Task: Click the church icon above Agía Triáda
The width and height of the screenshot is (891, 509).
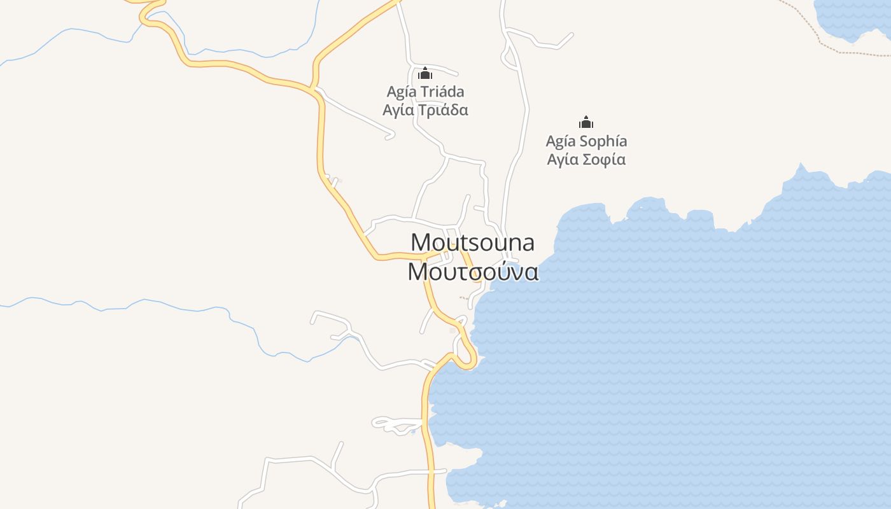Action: pos(424,74)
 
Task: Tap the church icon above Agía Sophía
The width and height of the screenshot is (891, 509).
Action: pos(586,122)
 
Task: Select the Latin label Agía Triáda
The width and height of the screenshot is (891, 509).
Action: pos(425,92)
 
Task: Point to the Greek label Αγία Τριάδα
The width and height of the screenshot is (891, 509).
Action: pos(425,110)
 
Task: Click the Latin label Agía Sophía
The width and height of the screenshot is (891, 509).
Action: pos(586,141)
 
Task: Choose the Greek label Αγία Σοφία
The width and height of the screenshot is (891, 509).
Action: pos(586,159)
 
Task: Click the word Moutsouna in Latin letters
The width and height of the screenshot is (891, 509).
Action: pos(472,242)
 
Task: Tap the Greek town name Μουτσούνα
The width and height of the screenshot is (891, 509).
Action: pos(473,272)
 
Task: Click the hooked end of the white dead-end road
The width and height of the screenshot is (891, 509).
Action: pos(389,135)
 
